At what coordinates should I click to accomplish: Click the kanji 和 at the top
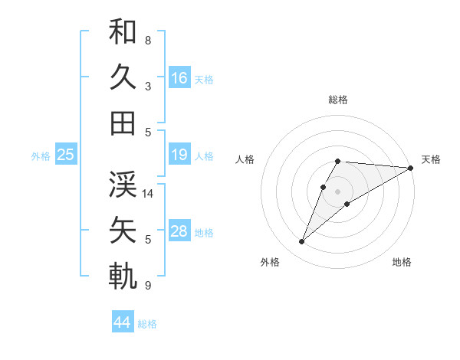click(123, 32)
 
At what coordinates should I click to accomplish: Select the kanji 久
click(123, 77)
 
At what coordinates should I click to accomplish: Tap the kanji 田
click(123, 123)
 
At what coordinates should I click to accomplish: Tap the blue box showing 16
click(179, 77)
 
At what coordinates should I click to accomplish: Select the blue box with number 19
click(179, 155)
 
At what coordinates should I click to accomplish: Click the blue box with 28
click(179, 231)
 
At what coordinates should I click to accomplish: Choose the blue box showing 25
click(65, 155)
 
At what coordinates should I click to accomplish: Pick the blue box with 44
click(122, 322)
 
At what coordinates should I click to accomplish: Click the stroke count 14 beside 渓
click(149, 193)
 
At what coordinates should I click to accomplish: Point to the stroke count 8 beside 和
click(148, 40)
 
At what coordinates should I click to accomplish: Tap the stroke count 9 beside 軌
click(148, 286)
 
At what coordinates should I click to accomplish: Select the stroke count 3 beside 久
click(148, 86)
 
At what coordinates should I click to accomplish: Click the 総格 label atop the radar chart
click(338, 100)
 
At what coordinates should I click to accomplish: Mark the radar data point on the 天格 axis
click(411, 168)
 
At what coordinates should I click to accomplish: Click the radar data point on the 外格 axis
click(301, 242)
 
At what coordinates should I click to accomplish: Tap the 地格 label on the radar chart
click(402, 263)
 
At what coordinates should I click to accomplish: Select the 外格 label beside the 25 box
click(41, 155)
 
